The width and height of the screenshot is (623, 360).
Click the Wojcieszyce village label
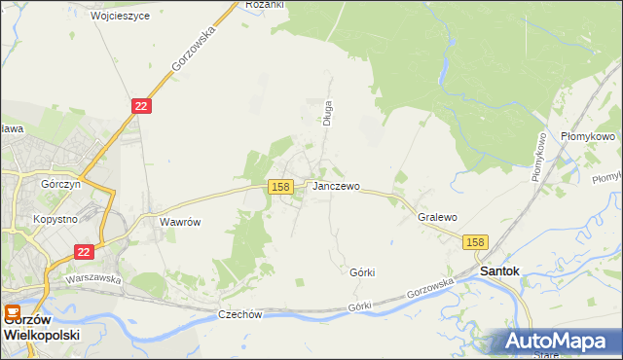click(x=120, y=17)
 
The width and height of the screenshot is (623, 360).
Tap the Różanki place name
click(x=264, y=5)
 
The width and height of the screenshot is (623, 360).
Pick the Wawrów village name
click(x=180, y=222)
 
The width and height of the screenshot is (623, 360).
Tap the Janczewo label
click(x=336, y=186)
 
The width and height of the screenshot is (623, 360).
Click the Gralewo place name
click(x=437, y=218)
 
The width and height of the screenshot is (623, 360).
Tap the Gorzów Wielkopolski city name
click(x=41, y=326)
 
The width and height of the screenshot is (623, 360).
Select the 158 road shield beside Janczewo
click(x=280, y=187)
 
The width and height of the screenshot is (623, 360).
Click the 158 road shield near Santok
click(x=475, y=242)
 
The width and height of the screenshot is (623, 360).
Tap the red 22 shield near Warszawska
click(x=85, y=252)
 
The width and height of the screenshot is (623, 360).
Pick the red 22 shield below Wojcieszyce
click(x=141, y=106)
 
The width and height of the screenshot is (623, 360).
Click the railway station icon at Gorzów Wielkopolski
click(x=12, y=312)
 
